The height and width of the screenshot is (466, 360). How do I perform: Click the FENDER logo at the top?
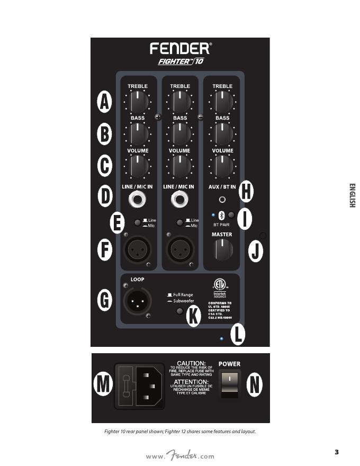(181, 49)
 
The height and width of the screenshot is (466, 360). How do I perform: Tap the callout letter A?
(105, 102)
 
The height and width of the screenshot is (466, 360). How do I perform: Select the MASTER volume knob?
(222, 248)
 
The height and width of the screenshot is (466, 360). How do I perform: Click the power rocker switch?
(230, 385)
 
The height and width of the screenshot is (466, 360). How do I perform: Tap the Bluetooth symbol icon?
(222, 215)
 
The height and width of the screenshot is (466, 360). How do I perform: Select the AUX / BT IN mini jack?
(222, 200)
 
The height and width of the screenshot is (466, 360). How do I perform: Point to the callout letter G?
(105, 300)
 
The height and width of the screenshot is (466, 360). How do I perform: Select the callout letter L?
(238, 334)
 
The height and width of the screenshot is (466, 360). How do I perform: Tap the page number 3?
(337, 451)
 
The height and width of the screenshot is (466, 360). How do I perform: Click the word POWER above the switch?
(229, 364)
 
